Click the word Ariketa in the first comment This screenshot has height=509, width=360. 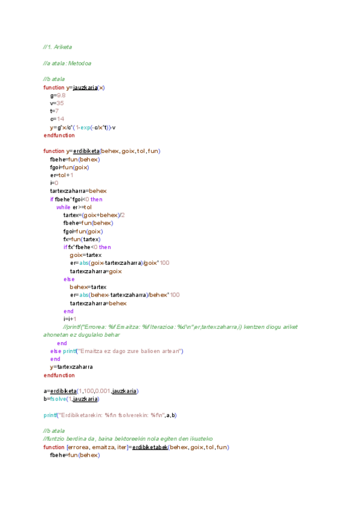tap(64, 47)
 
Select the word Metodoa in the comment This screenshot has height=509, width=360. tap(80, 63)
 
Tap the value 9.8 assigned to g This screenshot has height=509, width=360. tap(61, 95)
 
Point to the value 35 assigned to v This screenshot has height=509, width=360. tap(61, 103)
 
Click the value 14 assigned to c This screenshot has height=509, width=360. tap(61, 119)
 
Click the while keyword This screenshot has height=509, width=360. tap(64, 206)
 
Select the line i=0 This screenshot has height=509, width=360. tap(54, 182)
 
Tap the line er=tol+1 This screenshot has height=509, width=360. tap(62, 175)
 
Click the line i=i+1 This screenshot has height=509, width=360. tap(70, 319)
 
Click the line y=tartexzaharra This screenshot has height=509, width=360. tap(71, 367)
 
